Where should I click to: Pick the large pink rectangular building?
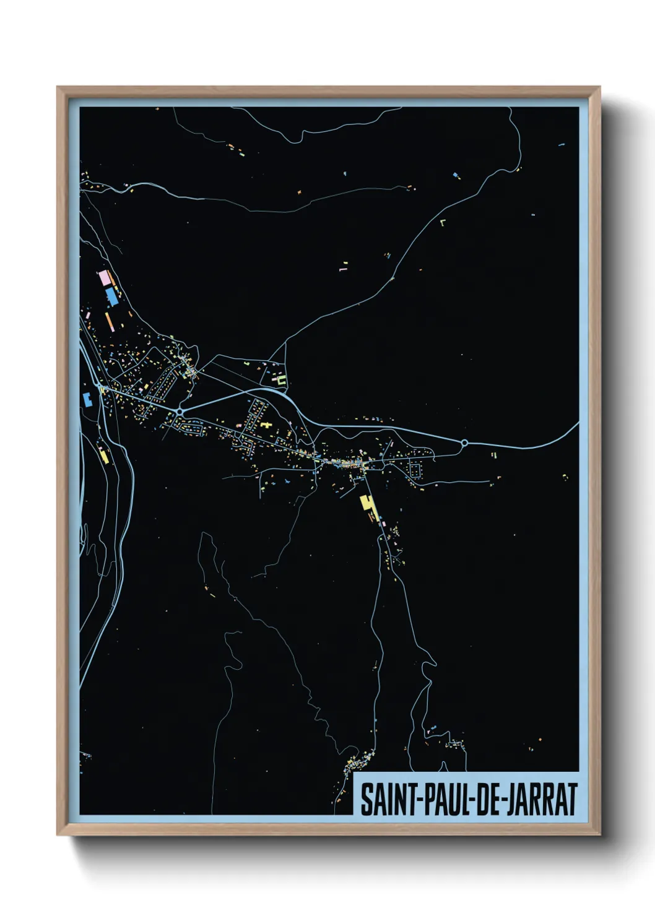104,277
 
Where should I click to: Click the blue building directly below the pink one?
111,296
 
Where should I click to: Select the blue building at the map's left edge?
87,399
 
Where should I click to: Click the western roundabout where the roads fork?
180,411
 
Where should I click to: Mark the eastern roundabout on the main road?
464,443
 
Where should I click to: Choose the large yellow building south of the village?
368,506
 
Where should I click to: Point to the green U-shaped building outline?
282,381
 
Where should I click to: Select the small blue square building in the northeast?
456,175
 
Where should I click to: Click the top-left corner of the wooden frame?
58,87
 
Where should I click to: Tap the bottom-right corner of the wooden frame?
599,834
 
